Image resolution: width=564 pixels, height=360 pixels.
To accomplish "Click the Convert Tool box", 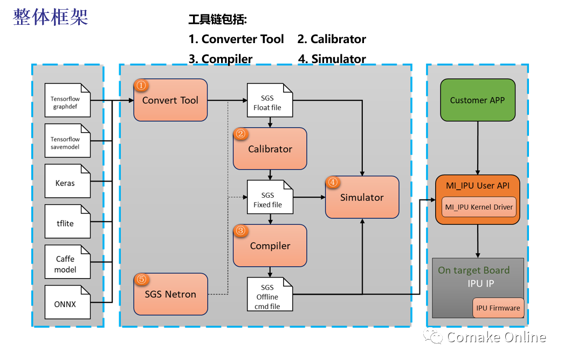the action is [170, 100].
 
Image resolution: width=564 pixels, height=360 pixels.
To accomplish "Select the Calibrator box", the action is [270, 149].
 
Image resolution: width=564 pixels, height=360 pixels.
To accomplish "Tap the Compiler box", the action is [270, 246].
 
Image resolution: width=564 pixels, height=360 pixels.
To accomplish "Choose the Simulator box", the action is [362, 197].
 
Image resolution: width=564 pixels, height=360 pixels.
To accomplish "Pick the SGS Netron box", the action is [170, 294].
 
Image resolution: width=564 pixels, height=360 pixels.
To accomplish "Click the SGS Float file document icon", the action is [270, 100].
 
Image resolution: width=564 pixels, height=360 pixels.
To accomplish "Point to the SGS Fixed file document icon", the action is [270, 197].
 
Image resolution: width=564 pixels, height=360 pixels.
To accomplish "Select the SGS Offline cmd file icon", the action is [270, 294].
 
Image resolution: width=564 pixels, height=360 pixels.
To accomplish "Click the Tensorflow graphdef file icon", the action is [67, 100].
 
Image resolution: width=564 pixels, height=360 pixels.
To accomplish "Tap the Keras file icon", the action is [67, 181].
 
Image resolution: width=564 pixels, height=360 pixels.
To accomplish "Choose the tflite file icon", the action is [67, 221].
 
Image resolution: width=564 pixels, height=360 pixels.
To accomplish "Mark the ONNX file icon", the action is [67, 302].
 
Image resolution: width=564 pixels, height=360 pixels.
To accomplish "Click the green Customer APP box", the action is [478, 100].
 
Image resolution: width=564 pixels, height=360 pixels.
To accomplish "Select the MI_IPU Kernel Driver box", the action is [479, 207].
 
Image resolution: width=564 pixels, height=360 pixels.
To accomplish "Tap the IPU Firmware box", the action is [498, 308].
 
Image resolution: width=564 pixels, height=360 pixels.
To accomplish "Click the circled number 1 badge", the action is [141, 85].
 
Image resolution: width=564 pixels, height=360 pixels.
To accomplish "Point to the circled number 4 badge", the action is [333, 182].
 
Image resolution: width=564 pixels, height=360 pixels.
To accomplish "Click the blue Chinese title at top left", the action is [51, 17].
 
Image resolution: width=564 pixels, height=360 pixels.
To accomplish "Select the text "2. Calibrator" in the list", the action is [332, 39].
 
